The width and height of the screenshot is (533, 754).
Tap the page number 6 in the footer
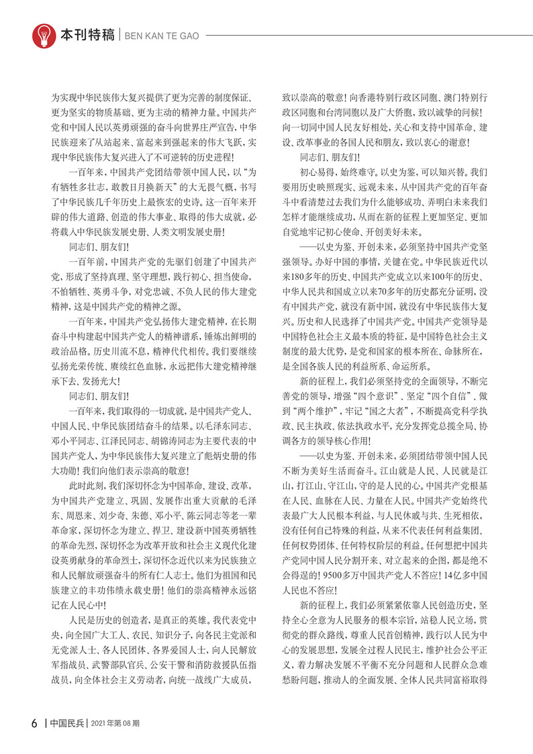click(x=34, y=723)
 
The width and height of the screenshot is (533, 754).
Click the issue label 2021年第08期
click(x=115, y=723)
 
